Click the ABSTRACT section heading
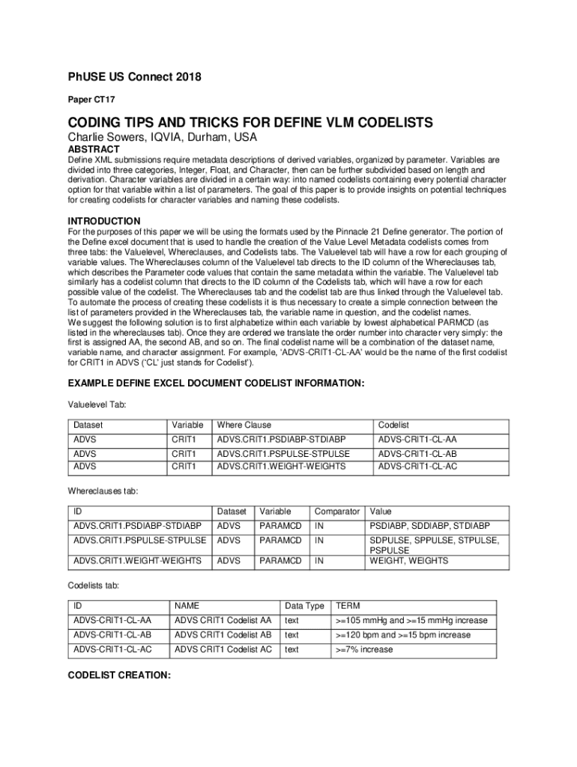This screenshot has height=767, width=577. [94, 149]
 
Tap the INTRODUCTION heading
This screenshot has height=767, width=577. [104, 221]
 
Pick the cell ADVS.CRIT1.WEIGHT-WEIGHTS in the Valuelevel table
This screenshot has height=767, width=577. [281, 466]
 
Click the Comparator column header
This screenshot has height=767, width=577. [337, 512]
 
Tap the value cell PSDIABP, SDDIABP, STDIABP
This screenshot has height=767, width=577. [429, 526]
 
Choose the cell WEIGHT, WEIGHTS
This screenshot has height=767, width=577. [408, 560]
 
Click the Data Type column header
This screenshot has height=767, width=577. [304, 606]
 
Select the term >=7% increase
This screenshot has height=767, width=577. [364, 649]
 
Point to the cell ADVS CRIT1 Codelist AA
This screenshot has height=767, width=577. [223, 620]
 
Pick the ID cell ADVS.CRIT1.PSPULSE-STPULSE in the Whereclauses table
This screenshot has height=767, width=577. [139, 540]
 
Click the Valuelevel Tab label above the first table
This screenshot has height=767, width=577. [97, 404]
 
